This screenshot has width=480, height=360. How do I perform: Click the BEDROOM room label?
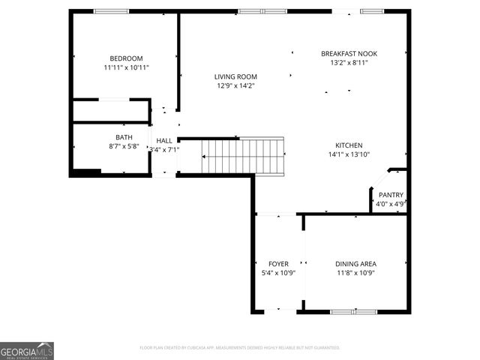pos(126,58)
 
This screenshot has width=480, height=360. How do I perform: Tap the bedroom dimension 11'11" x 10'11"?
pos(126,67)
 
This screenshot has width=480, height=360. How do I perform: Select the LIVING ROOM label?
pos(235,76)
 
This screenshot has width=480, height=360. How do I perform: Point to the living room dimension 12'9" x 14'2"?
pos(235,85)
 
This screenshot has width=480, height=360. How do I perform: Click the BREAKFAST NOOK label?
pos(349,54)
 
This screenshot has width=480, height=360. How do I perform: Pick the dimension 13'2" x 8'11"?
pos(349,63)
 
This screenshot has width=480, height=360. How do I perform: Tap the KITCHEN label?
pos(349,145)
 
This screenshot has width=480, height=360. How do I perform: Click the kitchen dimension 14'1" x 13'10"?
pos(349,154)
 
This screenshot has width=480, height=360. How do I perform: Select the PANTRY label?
pos(391,194)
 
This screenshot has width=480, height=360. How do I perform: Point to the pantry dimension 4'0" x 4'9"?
pos(391,203)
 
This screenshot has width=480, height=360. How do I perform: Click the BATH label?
pos(124,137)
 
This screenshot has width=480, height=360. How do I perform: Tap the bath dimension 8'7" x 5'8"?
pos(124,146)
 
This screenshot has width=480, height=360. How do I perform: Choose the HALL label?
pos(164,140)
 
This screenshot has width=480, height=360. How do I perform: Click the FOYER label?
pos(278,264)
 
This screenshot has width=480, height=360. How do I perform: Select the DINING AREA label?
pos(355,264)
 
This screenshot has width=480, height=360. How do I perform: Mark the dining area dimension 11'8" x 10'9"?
pos(355,273)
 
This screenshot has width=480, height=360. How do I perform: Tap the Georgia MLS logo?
pos(27,351)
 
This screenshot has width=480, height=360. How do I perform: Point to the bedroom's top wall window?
pos(111,11)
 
